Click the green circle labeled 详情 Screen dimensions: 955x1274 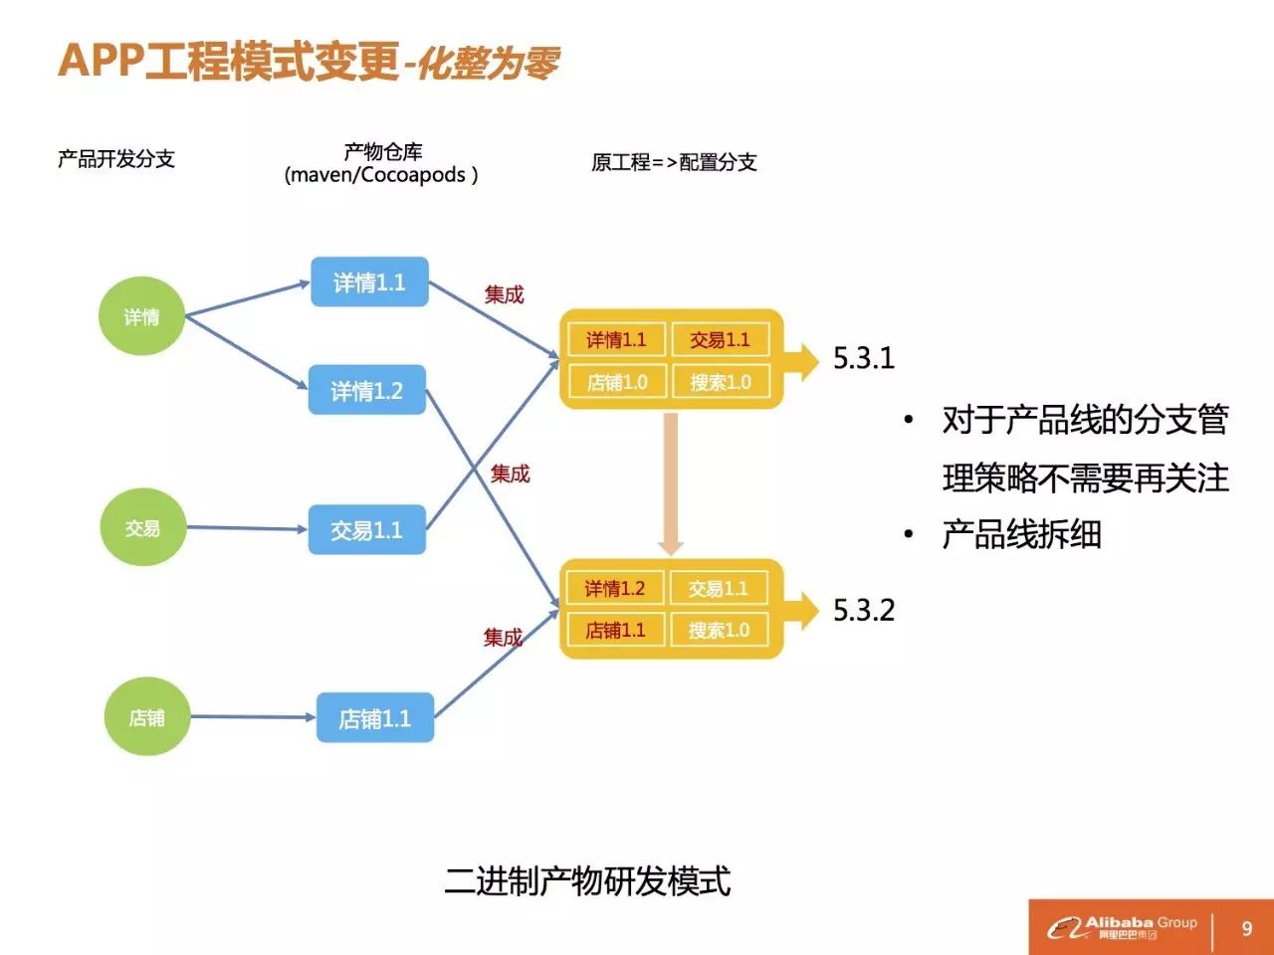pos(141,316)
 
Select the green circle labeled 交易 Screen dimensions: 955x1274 pos(143,528)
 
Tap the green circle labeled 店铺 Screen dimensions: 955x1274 pos(147,717)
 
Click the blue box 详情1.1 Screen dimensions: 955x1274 pos(369,283)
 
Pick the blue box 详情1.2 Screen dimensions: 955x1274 pos(366,391)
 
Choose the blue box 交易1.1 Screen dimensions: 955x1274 pos(366,530)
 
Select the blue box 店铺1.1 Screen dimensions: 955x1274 pos(375,718)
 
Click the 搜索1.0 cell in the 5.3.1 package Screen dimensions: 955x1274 pos(721,382)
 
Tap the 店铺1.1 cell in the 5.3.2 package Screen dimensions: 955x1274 pos(615,630)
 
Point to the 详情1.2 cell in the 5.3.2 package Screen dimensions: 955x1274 pos(615,588)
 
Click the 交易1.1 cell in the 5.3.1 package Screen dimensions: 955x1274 pos(721,339)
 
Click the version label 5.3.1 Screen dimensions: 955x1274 pos(864,358)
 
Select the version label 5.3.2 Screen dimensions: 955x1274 pos(864,610)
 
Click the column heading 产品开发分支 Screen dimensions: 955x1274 pos(116,159)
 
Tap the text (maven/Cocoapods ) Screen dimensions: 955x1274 pos(381,175)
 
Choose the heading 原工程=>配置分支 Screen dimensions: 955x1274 pos(674,162)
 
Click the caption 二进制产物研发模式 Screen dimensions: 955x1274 pos(587,881)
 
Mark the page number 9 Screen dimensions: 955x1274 pos(1246,929)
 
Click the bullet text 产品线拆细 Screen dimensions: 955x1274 pos(1021,535)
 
